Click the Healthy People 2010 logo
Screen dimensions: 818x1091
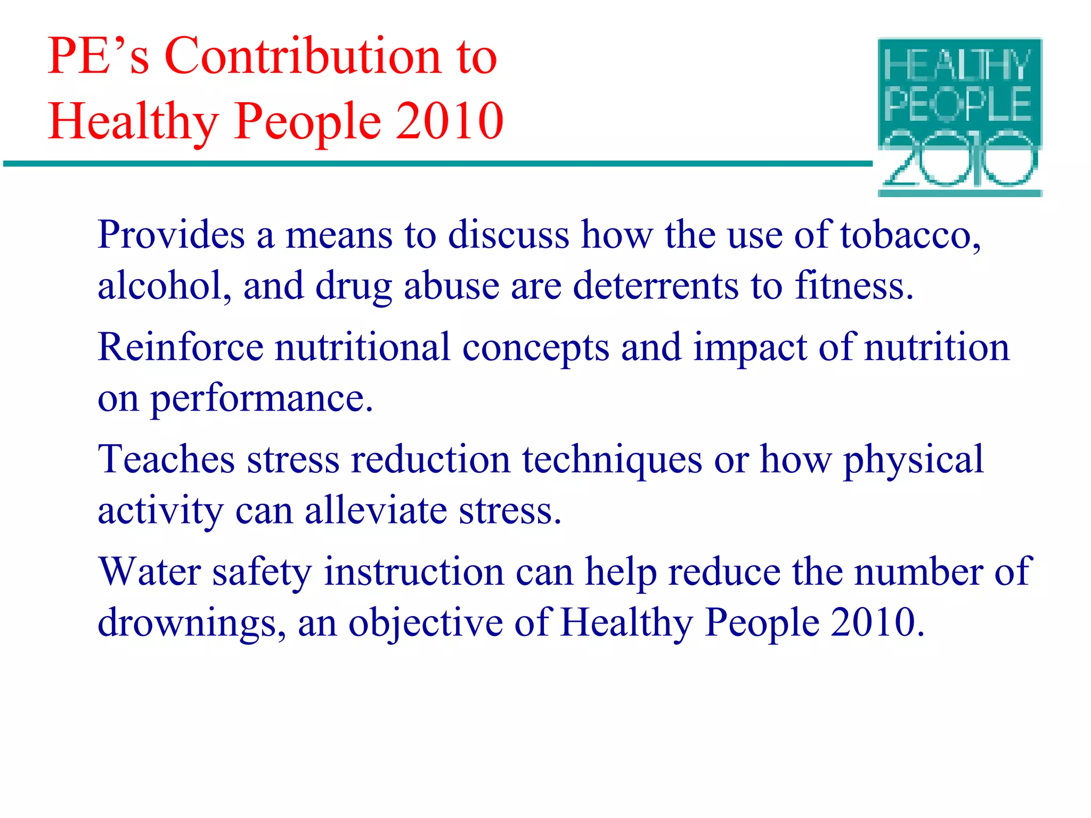tap(959, 117)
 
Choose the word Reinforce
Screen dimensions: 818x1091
tap(181, 347)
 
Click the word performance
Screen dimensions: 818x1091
tap(261, 398)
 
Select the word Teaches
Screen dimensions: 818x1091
tap(166, 459)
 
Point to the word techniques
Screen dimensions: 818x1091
tap(612, 459)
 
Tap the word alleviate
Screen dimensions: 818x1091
tap(376, 510)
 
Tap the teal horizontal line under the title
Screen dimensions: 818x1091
tap(437, 163)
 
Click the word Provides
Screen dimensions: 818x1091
tap(171, 235)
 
